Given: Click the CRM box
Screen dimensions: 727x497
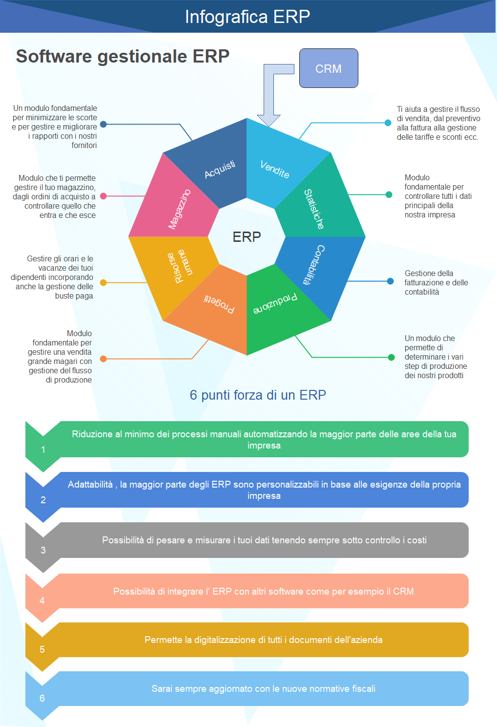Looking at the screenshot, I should [329, 68].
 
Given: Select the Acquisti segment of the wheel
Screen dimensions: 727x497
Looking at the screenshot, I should [219, 169].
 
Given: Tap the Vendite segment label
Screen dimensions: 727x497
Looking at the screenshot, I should [275, 169].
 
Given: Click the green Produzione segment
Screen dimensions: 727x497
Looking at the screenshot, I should [275, 304].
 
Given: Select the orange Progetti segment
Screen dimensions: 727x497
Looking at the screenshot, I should [219, 304].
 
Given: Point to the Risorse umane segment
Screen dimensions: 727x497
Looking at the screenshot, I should [180, 266].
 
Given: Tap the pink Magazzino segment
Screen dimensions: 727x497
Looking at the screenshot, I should [179, 209].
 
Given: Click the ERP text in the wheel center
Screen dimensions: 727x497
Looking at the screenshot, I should [247, 237].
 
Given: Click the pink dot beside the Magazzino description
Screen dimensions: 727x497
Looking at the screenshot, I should [104, 196].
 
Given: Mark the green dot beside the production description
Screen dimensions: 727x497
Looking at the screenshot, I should [391, 357].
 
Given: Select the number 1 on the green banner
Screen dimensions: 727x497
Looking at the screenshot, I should [43, 449].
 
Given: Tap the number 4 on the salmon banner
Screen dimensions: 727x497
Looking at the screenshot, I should [42, 600].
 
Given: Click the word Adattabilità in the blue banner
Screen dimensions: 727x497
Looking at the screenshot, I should [90, 484].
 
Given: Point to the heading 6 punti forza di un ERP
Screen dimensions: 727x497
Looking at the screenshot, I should [258, 395].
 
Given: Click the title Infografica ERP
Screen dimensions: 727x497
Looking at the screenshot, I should [248, 17].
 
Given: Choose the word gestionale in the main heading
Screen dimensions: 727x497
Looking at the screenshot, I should [143, 57].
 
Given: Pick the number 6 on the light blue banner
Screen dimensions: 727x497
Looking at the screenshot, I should [42, 698].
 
